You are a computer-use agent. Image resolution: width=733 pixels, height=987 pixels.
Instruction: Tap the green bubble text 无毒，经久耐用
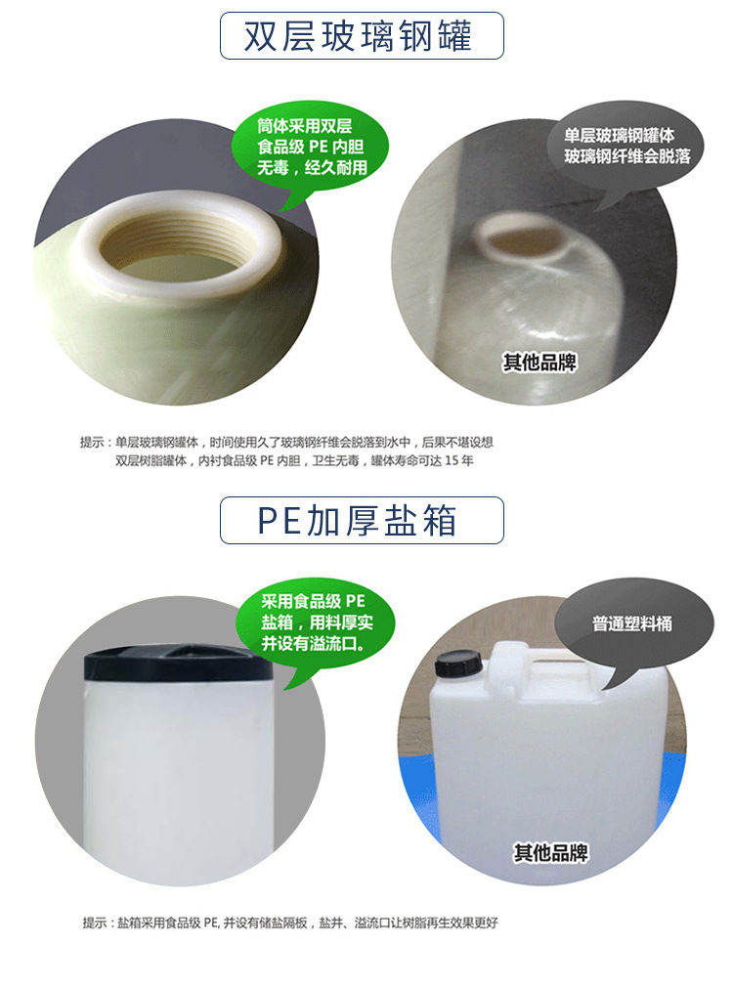[312, 167]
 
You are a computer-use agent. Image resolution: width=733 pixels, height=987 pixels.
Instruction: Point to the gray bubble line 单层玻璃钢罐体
[620, 136]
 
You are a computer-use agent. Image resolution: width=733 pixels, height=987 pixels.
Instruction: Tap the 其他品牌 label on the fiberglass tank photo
[540, 363]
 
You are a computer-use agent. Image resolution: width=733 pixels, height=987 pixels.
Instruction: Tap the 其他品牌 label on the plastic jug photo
[552, 852]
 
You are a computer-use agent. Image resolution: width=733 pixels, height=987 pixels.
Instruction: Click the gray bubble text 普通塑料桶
[632, 623]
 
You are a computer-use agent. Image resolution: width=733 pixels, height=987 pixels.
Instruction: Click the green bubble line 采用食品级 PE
[313, 601]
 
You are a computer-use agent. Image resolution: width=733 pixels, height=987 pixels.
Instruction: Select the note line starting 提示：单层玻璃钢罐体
[293, 442]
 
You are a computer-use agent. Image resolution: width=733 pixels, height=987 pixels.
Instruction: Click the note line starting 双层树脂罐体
[293, 460]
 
